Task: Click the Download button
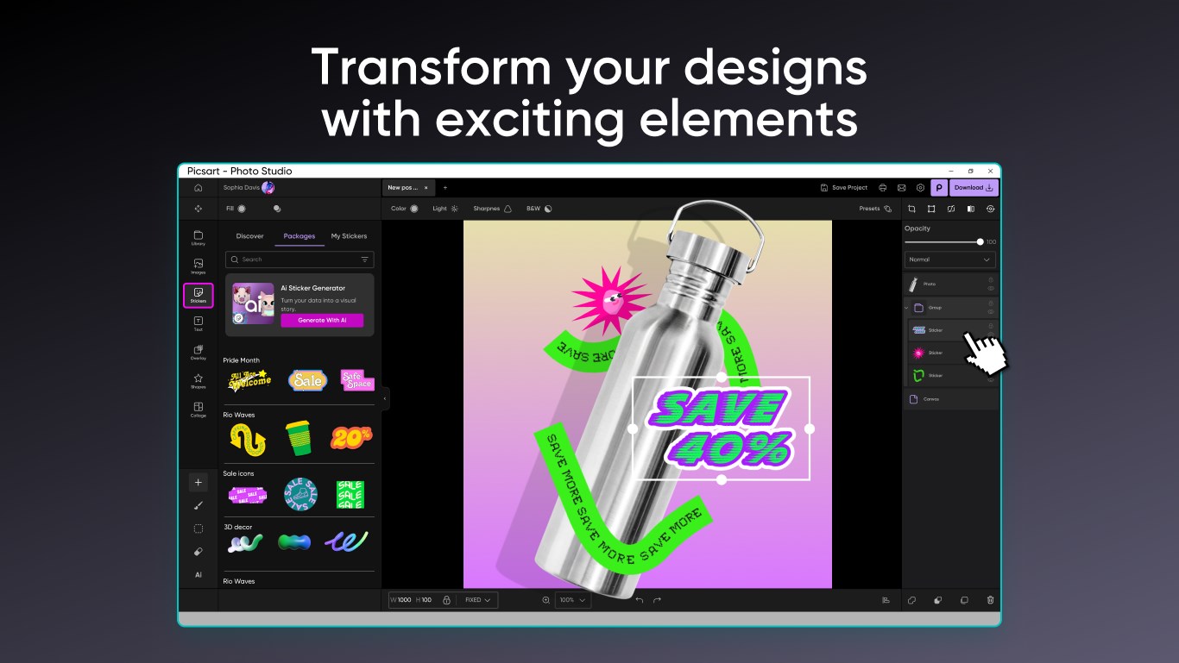pyautogui.click(x=974, y=187)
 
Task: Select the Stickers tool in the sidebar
pyautogui.click(x=199, y=295)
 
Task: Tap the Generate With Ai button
pyautogui.click(x=322, y=320)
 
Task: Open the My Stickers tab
pyautogui.click(x=349, y=236)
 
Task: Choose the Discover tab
pyautogui.click(x=249, y=236)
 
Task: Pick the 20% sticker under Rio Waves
pyautogui.click(x=351, y=437)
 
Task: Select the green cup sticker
pyautogui.click(x=299, y=438)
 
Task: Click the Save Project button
pyautogui.click(x=843, y=187)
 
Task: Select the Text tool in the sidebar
pyautogui.click(x=199, y=323)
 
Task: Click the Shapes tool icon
pyautogui.click(x=199, y=380)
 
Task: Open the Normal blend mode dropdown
pyautogui.click(x=949, y=260)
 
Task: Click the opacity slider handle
pyautogui.click(x=980, y=242)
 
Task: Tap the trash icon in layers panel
pyautogui.click(x=990, y=600)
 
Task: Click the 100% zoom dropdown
pyautogui.click(x=573, y=600)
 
